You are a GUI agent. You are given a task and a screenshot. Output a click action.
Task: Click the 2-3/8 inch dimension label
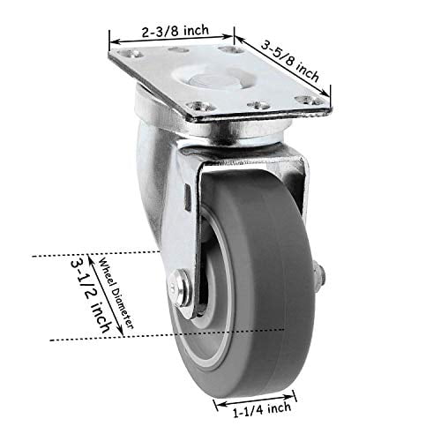[x=174, y=30]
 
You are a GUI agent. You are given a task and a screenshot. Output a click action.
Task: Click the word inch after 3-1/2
[x=99, y=314]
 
